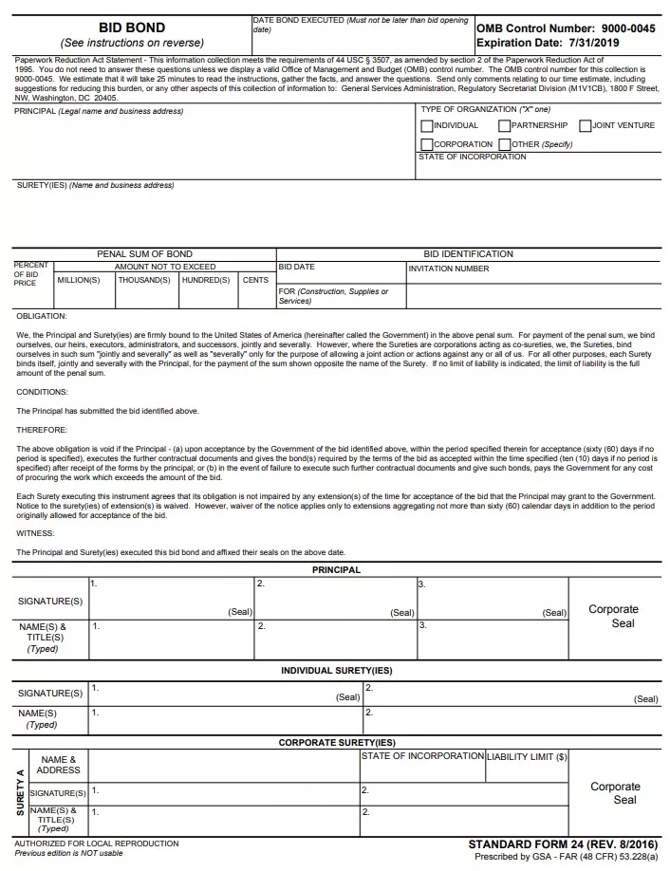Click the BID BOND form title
132,28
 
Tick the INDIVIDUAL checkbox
427,126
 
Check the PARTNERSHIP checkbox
505,126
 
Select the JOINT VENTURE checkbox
586,126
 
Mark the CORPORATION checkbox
427,144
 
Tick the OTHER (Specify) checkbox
505,144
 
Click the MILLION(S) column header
79,280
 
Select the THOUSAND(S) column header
144,280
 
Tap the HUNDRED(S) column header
206,280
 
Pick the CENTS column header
255,280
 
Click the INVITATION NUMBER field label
449,269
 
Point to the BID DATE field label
297,268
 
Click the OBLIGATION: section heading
42,316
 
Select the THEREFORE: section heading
42,430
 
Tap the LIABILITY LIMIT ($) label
527,757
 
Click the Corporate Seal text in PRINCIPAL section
613,616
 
